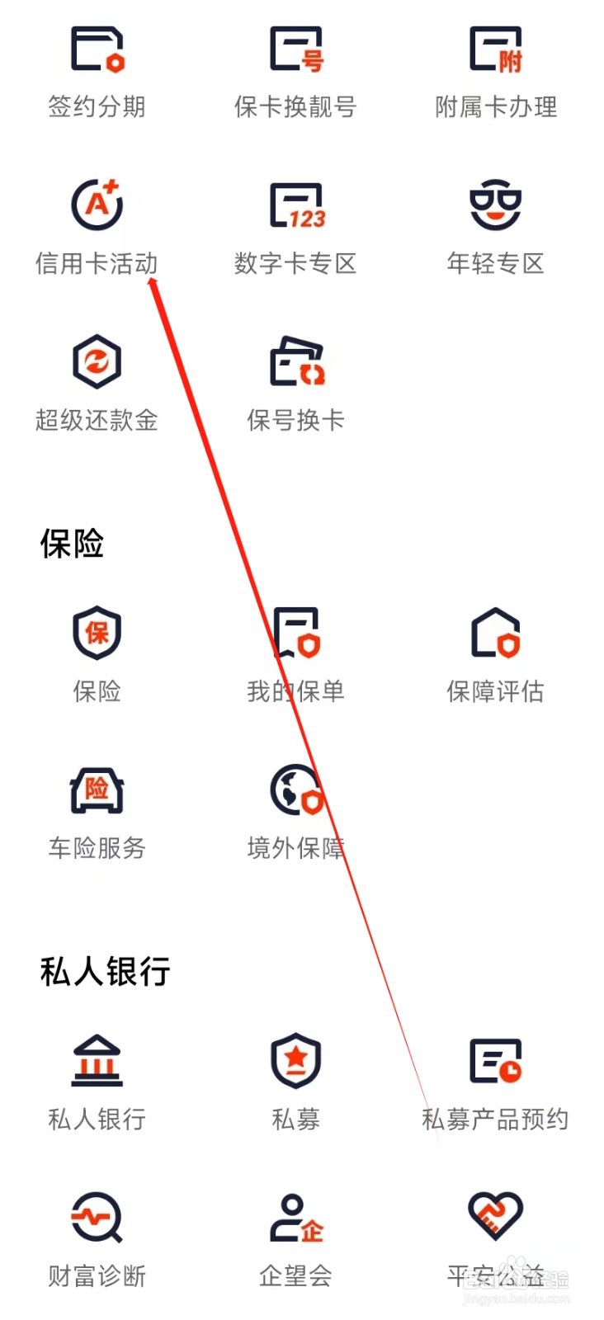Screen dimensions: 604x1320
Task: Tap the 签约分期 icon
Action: click(97, 49)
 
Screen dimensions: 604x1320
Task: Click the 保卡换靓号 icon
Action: click(296, 49)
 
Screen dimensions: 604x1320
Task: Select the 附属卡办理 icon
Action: click(495, 49)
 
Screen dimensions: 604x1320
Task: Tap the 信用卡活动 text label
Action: click(97, 264)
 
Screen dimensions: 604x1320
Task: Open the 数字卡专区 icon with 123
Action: click(296, 205)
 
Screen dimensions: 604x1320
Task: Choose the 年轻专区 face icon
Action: click(495, 205)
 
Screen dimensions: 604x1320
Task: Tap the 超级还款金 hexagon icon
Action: click(97, 361)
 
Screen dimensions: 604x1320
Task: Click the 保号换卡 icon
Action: click(296, 361)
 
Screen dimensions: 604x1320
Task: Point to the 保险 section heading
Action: click(72, 544)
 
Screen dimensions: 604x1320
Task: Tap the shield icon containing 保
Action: click(97, 633)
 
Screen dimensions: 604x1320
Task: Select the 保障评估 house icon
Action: click(495, 633)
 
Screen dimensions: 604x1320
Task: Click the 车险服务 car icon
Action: click(97, 790)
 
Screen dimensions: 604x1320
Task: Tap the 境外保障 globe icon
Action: click(296, 790)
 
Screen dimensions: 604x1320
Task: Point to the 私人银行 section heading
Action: click(105, 972)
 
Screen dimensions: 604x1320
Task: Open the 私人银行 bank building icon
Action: click(97, 1061)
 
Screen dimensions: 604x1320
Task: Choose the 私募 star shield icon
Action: click(296, 1061)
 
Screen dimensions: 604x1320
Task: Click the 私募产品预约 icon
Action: click(495, 1061)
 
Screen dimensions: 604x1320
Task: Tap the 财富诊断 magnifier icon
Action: click(97, 1218)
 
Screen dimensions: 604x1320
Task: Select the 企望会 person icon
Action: click(296, 1218)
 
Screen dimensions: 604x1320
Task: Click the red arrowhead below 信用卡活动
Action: click(153, 285)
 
